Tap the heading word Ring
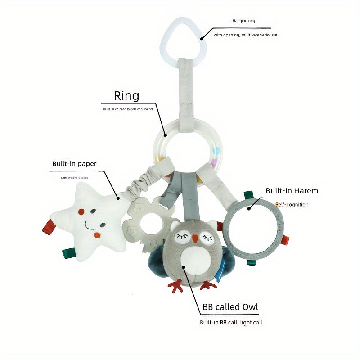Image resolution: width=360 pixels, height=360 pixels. [x=126, y=96]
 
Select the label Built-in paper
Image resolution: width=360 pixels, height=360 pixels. [x=74, y=164]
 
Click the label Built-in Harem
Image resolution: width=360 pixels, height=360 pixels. [x=292, y=191]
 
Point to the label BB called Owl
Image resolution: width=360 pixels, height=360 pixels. [x=230, y=307]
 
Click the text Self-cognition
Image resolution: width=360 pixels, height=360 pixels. [x=292, y=205]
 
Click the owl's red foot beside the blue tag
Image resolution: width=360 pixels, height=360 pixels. [x=207, y=285]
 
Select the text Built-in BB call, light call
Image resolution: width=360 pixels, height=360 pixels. [x=231, y=322]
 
